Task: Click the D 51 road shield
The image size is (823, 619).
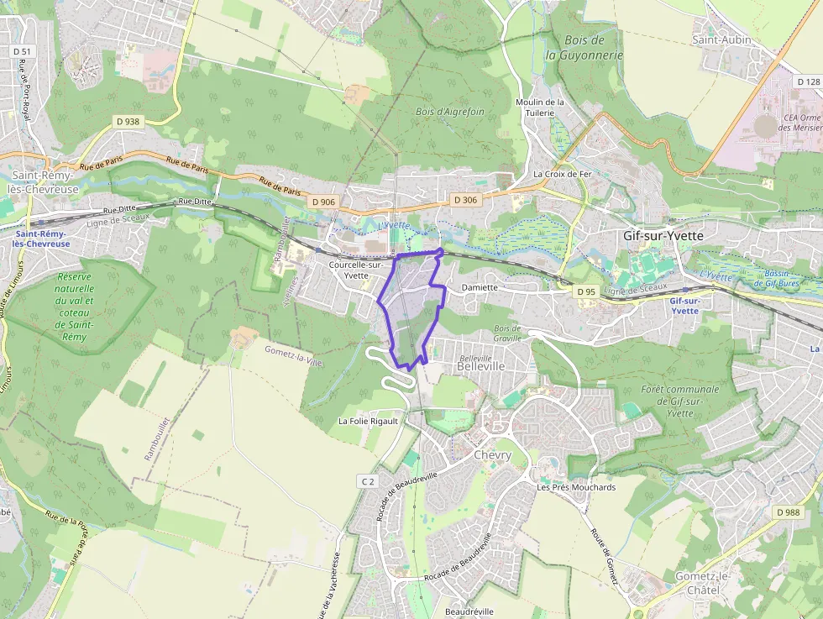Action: [x=22, y=51]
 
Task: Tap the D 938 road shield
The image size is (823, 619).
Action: [x=128, y=122]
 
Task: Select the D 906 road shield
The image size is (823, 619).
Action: [x=322, y=202]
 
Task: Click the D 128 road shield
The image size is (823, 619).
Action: [x=807, y=81]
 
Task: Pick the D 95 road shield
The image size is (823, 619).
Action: [x=585, y=291]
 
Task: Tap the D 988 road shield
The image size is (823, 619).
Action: [x=788, y=512]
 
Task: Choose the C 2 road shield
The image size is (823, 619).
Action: [x=366, y=481]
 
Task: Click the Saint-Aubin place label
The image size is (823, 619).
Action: [x=721, y=39]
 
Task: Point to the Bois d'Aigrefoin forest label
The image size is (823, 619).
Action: [x=449, y=111]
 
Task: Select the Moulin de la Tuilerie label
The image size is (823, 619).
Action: [x=540, y=107]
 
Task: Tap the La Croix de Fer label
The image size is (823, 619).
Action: [x=563, y=174]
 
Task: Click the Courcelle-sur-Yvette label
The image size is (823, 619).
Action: [x=356, y=270]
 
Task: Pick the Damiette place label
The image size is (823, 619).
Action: [x=480, y=287]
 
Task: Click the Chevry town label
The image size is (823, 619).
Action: [x=492, y=454]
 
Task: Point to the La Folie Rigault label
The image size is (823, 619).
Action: [x=368, y=420]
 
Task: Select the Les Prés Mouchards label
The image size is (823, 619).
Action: [x=576, y=487]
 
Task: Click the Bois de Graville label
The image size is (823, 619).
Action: [x=507, y=333]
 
